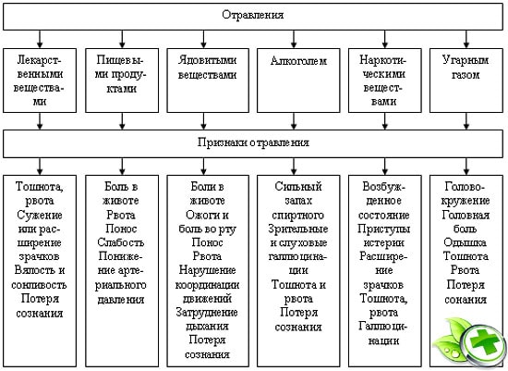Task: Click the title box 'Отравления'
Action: pyautogui.click(x=253, y=17)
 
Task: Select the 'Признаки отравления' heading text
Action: pyautogui.click(x=253, y=142)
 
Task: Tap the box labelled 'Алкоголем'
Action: pyautogui.click(x=298, y=80)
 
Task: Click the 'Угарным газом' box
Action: pyautogui.click(x=466, y=80)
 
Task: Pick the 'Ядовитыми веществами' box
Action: pyautogui.click(x=208, y=80)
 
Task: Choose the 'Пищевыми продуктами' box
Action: pyautogui.click(x=122, y=80)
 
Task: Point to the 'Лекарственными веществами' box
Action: pyautogui.click(x=40, y=80)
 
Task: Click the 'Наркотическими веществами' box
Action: pyautogui.click(x=384, y=80)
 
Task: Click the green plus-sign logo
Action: pyautogui.click(x=471, y=342)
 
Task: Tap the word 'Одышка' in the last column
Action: pyautogui.click(x=465, y=242)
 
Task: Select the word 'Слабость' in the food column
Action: pyautogui.click(x=120, y=242)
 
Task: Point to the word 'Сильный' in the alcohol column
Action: pyautogui.click(x=298, y=187)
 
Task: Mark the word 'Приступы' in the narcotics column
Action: pyautogui.click(x=384, y=229)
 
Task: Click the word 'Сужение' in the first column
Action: pyautogui.click(x=39, y=215)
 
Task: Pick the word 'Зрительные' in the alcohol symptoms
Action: pyautogui.click(x=298, y=229)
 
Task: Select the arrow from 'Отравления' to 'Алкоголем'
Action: pyautogui.click(x=294, y=39)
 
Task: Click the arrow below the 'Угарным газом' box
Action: pyautogui.click(x=466, y=121)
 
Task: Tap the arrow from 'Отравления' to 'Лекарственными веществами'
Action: pyautogui.click(x=40, y=39)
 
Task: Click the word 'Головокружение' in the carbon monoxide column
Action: pyautogui.click(x=466, y=193)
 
